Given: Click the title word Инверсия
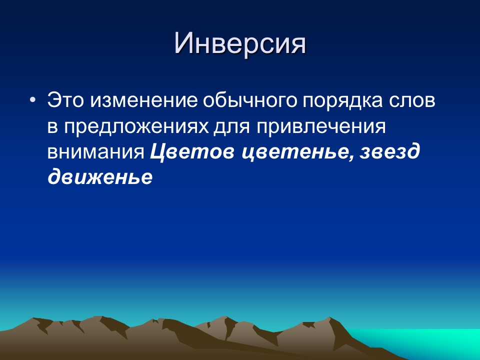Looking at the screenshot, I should (x=239, y=44).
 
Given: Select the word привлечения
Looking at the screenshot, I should (x=321, y=127).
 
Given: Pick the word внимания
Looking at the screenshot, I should (x=96, y=152).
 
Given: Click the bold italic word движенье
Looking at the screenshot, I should (x=99, y=178).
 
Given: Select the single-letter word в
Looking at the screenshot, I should (x=52, y=128).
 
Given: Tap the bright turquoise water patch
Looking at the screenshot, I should (x=440, y=340).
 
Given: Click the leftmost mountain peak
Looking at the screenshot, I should (x=35, y=319).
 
